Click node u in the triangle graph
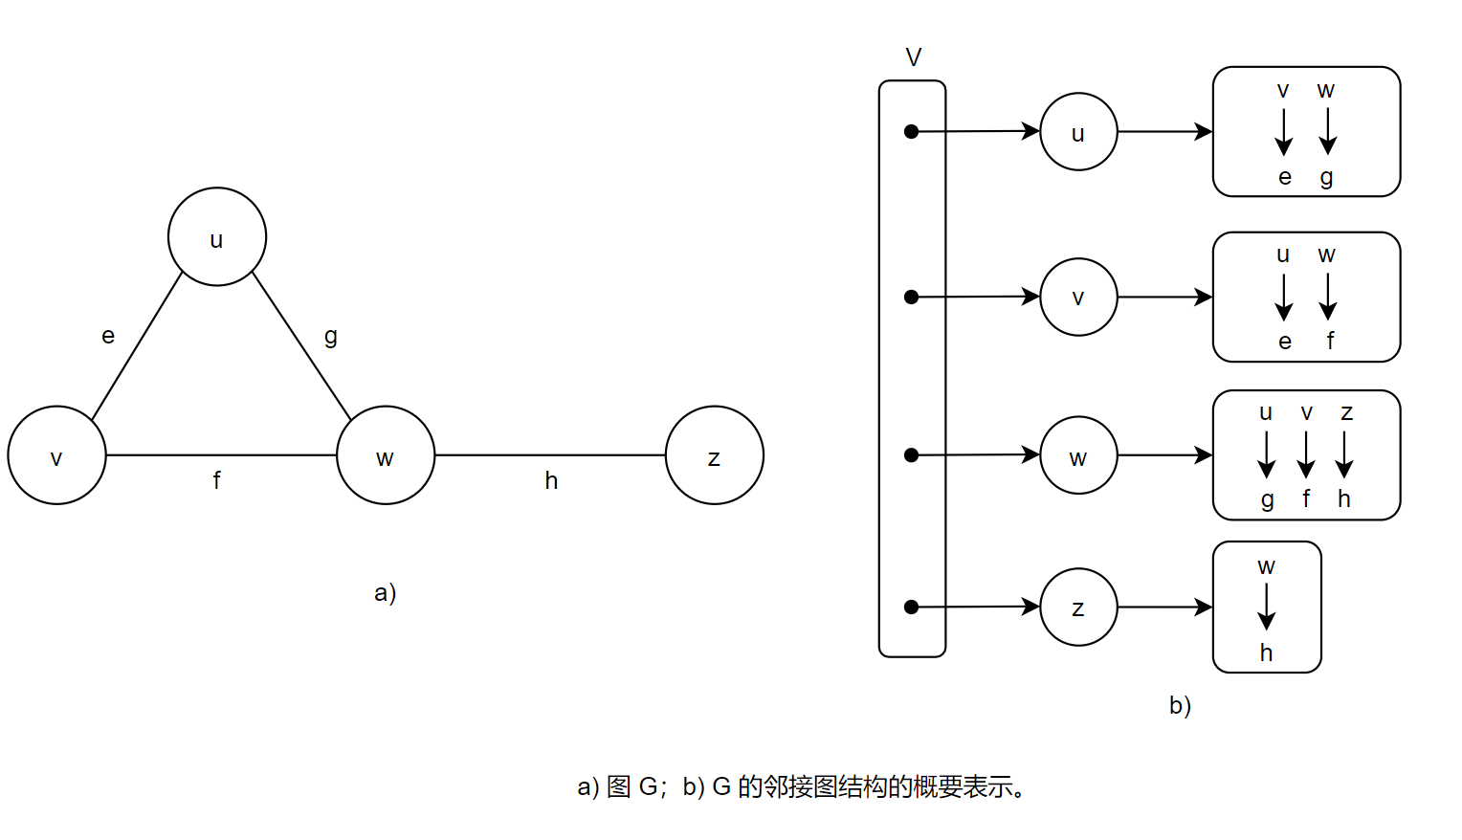pyautogui.click(x=217, y=237)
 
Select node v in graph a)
pyautogui.click(x=56, y=455)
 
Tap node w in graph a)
pyautogui.click(x=386, y=455)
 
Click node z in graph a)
pyautogui.click(x=715, y=455)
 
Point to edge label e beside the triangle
pyautogui.click(x=108, y=336)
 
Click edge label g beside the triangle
pyautogui.click(x=331, y=336)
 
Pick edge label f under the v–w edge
pyautogui.click(x=217, y=480)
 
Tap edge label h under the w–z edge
pyautogui.click(x=551, y=480)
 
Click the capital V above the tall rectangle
pyautogui.click(x=914, y=58)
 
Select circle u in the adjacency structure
pyautogui.click(x=1078, y=132)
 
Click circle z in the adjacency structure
pyautogui.click(x=1078, y=608)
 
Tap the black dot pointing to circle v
pyautogui.click(x=912, y=298)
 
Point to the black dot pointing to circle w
pyautogui.click(x=912, y=455)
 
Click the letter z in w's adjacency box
pyautogui.click(x=1346, y=413)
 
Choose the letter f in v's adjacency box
pyautogui.click(x=1330, y=341)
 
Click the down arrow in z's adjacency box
pyautogui.click(x=1267, y=608)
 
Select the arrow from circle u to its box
pyautogui.click(x=1164, y=132)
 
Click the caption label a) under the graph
pyautogui.click(x=386, y=593)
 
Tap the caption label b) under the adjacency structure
pyautogui.click(x=1181, y=706)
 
